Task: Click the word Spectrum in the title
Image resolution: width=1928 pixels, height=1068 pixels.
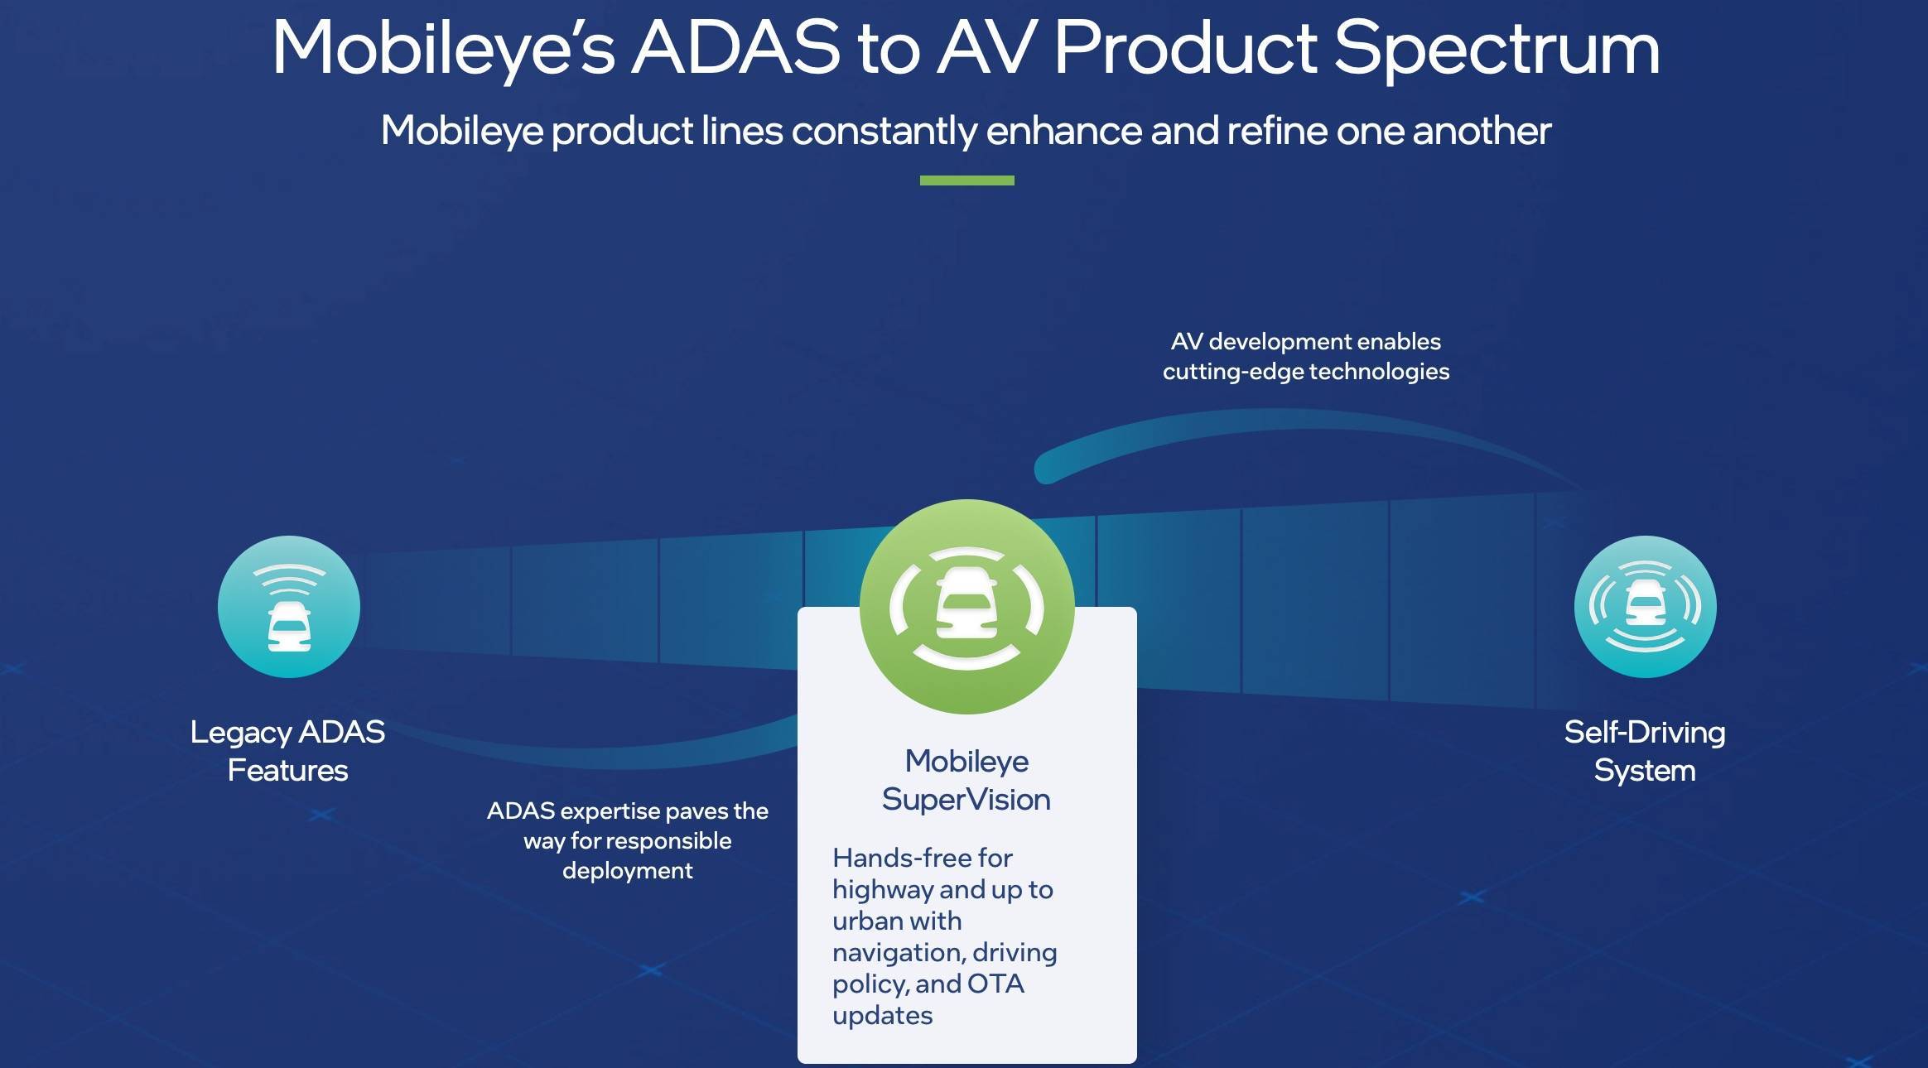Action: pyautogui.click(x=1497, y=49)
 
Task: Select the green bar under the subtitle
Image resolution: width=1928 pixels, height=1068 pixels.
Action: pyautogui.click(x=966, y=180)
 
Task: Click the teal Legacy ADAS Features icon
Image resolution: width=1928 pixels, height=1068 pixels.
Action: pyautogui.click(x=289, y=606)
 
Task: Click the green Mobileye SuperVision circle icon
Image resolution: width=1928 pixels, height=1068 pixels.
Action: pyautogui.click(x=966, y=606)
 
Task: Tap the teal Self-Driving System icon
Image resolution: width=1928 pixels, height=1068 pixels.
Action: pyautogui.click(x=1645, y=606)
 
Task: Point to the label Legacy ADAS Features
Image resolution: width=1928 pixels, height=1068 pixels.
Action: pyautogui.click(x=287, y=751)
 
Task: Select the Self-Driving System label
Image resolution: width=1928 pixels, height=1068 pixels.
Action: pyautogui.click(x=1645, y=751)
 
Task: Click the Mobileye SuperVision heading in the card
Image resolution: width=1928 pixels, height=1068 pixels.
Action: pyautogui.click(x=966, y=780)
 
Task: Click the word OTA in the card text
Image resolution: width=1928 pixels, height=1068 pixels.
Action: pyautogui.click(x=995, y=984)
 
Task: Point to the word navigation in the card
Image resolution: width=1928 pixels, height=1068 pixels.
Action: pyautogui.click(x=898, y=953)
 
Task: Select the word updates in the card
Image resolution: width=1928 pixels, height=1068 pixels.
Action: pyautogui.click(x=882, y=1016)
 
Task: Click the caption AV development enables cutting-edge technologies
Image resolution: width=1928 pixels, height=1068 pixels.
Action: pyautogui.click(x=1306, y=356)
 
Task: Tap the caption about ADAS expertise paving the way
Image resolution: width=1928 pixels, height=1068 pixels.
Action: pyautogui.click(x=628, y=840)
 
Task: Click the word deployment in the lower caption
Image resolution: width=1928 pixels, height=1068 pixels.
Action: pyautogui.click(x=628, y=871)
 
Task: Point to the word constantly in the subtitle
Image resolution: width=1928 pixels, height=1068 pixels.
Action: pyautogui.click(x=884, y=131)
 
